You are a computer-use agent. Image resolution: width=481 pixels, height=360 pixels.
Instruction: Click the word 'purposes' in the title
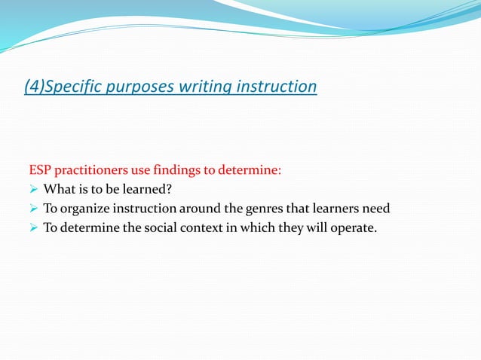tap(145, 87)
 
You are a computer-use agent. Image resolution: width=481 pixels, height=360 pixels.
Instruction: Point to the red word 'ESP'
tap(40, 170)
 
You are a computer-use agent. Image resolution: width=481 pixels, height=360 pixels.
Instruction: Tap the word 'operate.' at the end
tap(352, 228)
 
